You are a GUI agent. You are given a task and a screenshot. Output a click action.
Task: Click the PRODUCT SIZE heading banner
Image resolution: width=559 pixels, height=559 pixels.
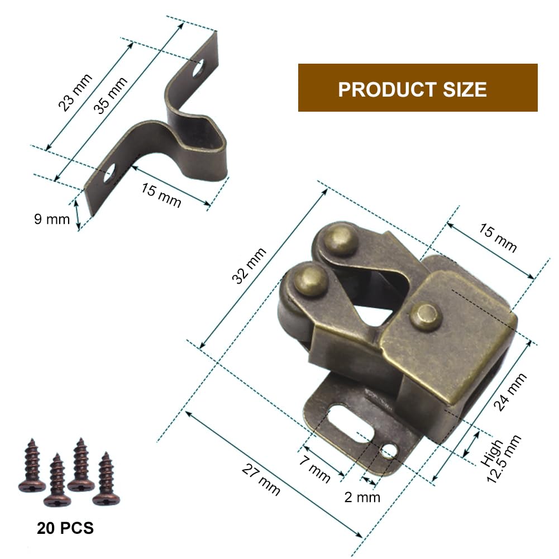pos(418,88)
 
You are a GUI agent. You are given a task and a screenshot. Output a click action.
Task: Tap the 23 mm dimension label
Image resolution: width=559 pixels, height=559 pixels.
pos(75,92)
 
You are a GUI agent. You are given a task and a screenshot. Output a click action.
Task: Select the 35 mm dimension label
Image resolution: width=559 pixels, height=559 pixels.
pos(110,95)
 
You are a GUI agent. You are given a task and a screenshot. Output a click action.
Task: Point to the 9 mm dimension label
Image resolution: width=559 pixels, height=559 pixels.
pos(52,219)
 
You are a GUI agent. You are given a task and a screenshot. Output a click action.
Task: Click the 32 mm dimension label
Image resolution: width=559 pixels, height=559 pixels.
pos(249,266)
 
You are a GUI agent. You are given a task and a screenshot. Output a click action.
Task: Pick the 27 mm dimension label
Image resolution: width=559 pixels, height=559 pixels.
pos(261,480)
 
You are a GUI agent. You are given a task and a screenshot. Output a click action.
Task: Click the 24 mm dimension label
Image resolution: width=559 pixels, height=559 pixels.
pos(510,392)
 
